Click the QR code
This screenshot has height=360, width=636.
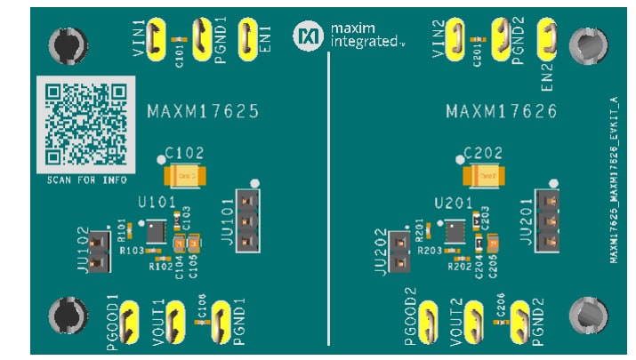click(x=85, y=124)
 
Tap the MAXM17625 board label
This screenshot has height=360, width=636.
click(x=203, y=112)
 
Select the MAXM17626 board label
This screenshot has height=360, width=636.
click(x=501, y=112)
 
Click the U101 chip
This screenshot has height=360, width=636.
click(x=157, y=232)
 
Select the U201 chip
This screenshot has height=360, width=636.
click(x=455, y=233)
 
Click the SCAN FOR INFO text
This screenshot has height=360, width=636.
click(x=85, y=180)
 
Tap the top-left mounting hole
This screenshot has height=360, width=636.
click(x=68, y=43)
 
